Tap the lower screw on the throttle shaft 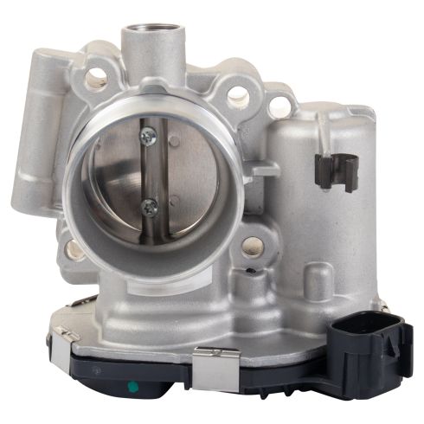tap(150, 205)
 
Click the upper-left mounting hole tap(95, 79)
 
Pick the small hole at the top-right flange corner tap(279, 106)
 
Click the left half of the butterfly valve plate tap(117, 173)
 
